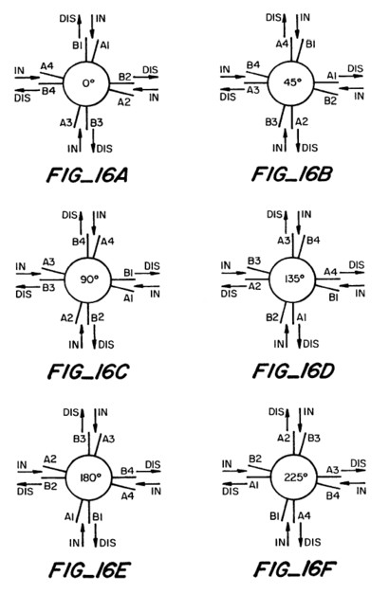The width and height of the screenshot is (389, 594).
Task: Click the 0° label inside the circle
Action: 88,83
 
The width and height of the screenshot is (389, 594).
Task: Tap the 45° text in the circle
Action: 292,82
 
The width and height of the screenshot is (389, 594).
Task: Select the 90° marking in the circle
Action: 89,279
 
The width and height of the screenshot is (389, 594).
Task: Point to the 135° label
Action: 294,279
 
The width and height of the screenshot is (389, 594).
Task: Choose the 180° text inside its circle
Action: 90,477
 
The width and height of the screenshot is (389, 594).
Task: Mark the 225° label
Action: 295,477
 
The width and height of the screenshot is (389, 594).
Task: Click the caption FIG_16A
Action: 86,176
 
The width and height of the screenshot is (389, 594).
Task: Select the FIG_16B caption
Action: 292,174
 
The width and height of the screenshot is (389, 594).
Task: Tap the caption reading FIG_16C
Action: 88,372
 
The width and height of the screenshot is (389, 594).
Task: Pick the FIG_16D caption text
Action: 293,370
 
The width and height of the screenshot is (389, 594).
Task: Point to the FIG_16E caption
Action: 90,570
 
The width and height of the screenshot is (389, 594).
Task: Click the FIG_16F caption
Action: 295,569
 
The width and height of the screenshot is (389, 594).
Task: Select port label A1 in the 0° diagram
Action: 104,45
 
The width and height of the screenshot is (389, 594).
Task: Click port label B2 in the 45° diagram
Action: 330,100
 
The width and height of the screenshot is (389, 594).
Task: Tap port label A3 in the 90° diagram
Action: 48,261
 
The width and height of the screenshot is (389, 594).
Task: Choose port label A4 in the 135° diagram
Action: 330,272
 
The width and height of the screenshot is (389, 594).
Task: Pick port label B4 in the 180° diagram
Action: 127,471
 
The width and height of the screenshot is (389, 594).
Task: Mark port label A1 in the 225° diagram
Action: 254,484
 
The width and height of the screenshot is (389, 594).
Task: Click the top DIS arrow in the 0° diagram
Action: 80,27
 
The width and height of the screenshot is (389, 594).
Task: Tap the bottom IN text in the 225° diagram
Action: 279,543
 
